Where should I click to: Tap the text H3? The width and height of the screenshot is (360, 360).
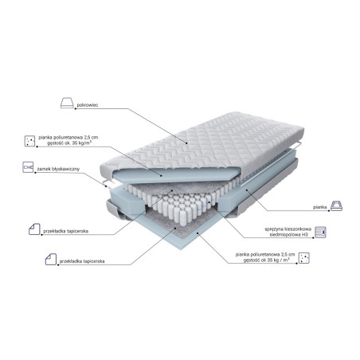307,234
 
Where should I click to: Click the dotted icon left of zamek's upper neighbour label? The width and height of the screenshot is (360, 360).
29,140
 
